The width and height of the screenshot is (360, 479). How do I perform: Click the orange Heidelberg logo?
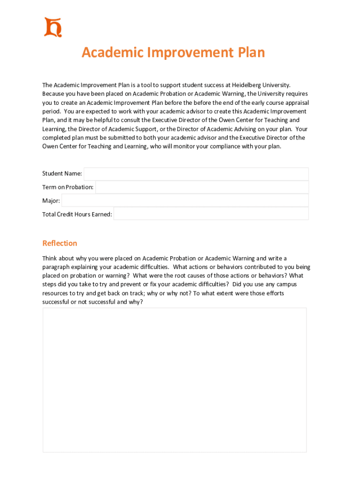53,27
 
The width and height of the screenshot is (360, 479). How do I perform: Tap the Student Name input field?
196,174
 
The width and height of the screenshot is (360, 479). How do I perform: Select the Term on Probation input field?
202,187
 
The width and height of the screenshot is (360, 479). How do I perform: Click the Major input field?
185,201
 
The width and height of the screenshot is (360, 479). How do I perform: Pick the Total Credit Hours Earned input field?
211,214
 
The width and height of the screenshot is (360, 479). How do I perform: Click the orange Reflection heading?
60,243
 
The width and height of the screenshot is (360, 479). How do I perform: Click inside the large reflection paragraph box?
174,379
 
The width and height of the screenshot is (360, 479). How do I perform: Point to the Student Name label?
62,174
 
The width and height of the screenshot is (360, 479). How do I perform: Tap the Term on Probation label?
68,187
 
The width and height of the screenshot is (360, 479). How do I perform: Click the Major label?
51,201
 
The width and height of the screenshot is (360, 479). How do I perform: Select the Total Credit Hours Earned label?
77,214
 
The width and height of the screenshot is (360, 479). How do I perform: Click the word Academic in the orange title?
113,52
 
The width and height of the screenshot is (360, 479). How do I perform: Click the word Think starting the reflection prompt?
50,258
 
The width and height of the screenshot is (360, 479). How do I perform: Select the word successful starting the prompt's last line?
56,302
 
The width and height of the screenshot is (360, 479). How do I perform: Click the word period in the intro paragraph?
51,111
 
